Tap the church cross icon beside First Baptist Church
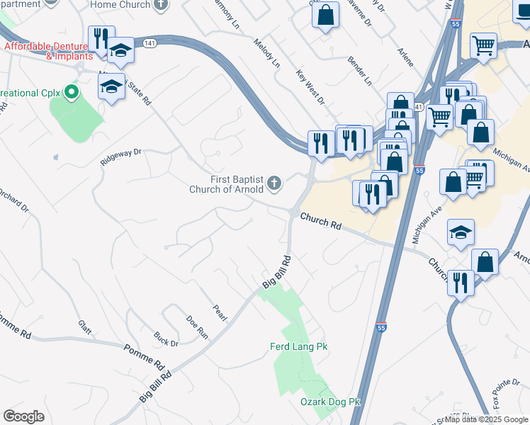coord(274,185)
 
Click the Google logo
coord(23,416)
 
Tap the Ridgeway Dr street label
coord(121,156)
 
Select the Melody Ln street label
coord(267,53)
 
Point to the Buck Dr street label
coord(167,339)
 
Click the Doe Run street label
coord(197,325)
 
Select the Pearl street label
coord(219,312)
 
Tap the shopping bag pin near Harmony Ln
coord(325,16)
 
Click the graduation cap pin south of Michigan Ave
coord(461,232)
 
